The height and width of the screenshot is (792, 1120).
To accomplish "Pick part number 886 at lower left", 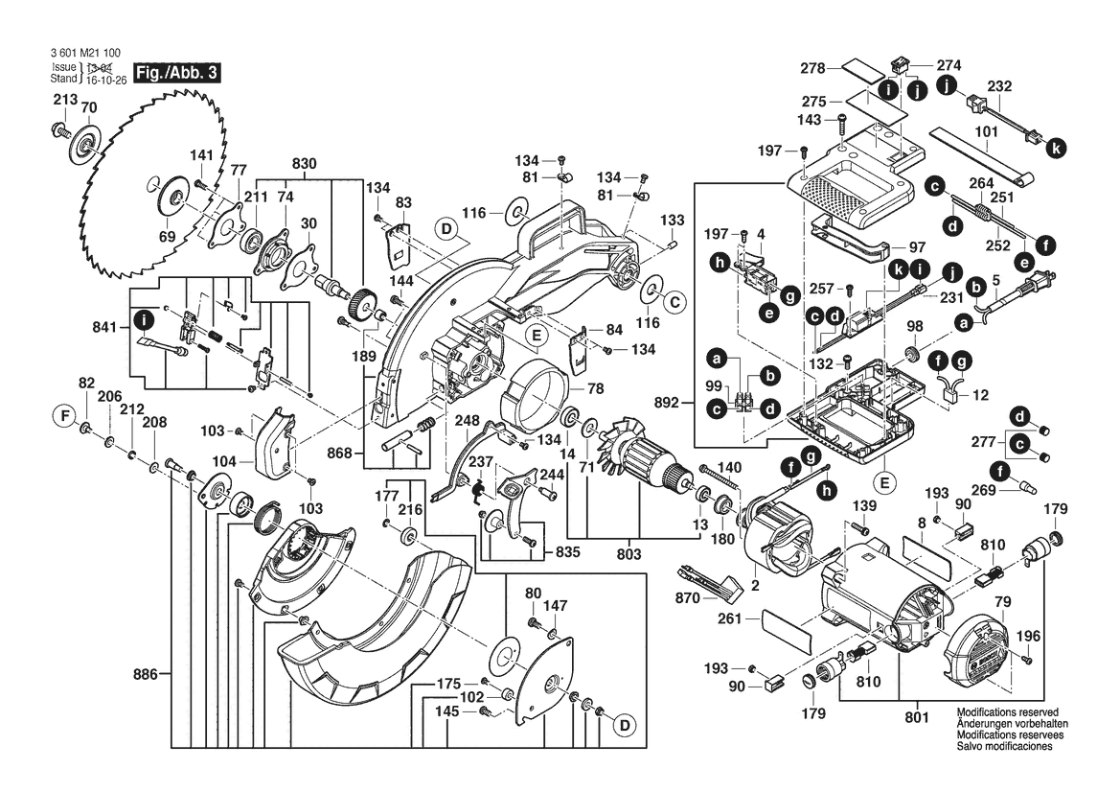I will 145,675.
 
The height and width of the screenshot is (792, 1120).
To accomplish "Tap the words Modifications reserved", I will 1001,714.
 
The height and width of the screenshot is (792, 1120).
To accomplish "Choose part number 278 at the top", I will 813,67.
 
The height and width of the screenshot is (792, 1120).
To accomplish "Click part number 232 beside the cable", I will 998,86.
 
